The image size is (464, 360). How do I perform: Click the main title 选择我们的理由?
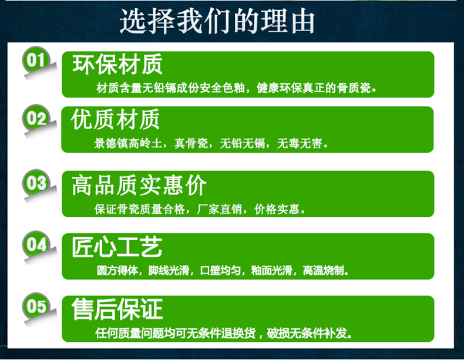(217, 22)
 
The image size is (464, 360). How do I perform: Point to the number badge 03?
(36, 183)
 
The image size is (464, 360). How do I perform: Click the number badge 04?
(36, 244)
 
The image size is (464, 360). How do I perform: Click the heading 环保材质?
(117, 64)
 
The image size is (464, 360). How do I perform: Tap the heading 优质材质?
(115, 119)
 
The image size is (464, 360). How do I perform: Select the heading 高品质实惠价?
(139, 185)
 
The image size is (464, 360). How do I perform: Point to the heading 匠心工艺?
(117, 247)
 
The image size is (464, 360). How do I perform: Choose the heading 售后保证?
(117, 309)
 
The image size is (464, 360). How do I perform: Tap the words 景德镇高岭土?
(128, 143)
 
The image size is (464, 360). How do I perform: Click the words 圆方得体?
(117, 270)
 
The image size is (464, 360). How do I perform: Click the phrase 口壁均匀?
(220, 270)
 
